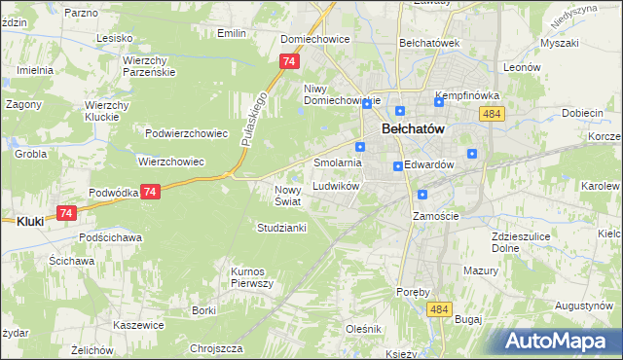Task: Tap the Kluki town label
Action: pos(30,221)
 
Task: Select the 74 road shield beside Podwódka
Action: pos(149,193)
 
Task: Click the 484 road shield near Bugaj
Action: pos(438,308)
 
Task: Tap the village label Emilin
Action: pos(231,33)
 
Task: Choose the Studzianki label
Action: pos(281,228)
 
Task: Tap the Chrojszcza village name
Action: pos(215,347)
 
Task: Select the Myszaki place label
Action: pos(560,44)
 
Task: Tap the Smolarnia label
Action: pos(338,162)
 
